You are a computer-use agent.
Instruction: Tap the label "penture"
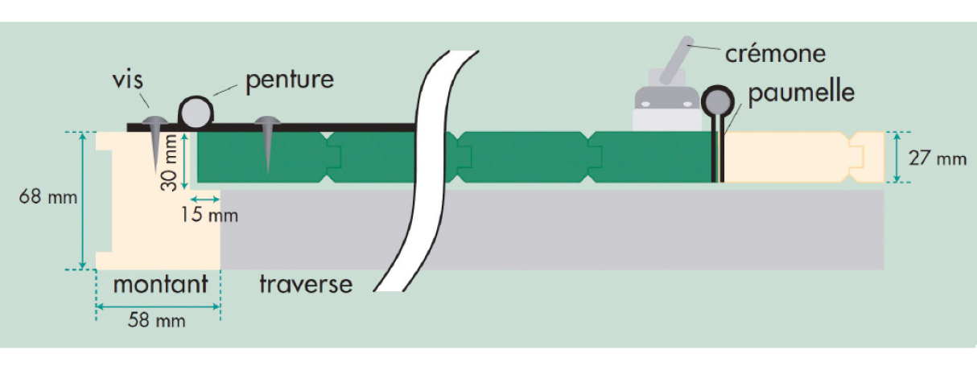click(x=289, y=80)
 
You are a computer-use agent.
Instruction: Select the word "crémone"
click(x=775, y=54)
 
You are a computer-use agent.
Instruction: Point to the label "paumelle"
click(x=800, y=93)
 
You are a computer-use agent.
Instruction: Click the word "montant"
click(x=160, y=284)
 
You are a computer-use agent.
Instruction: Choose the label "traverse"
click(x=306, y=284)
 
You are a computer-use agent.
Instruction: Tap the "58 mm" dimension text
click(x=158, y=321)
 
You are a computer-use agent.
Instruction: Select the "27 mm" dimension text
click(x=937, y=158)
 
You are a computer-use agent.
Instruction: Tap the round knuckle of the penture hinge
click(x=195, y=111)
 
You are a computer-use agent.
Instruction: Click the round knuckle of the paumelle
click(x=716, y=101)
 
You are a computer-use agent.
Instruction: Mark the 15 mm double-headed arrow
click(x=205, y=198)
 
